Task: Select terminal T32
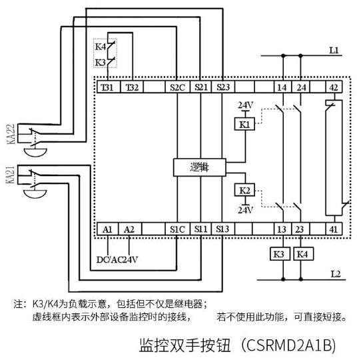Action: pyautogui.click(x=132, y=87)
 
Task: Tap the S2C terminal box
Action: pyautogui.click(x=178, y=87)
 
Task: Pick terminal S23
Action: pyautogui.click(x=223, y=87)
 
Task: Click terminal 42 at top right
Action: pyautogui.click(x=334, y=87)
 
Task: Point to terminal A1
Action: pyautogui.click(x=107, y=229)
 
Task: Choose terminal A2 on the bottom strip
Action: pyautogui.click(x=130, y=229)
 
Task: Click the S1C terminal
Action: pyautogui.click(x=178, y=229)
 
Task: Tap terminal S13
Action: pyautogui.click(x=222, y=229)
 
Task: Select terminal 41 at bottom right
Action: pyautogui.click(x=334, y=229)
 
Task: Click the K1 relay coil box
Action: pyautogui.click(x=244, y=124)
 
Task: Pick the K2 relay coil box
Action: pyautogui.click(x=244, y=190)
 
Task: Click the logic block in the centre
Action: pyautogui.click(x=200, y=167)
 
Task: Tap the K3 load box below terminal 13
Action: pyautogui.click(x=280, y=254)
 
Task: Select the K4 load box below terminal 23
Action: pyautogui.click(x=304, y=254)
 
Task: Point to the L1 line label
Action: pyautogui.click(x=334, y=50)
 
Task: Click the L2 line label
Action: pyautogui.click(x=336, y=274)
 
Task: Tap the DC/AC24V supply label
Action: pyautogui.click(x=117, y=260)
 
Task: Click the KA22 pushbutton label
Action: pyautogui.click(x=11, y=134)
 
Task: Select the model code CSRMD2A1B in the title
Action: pyautogui.click(x=288, y=345)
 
